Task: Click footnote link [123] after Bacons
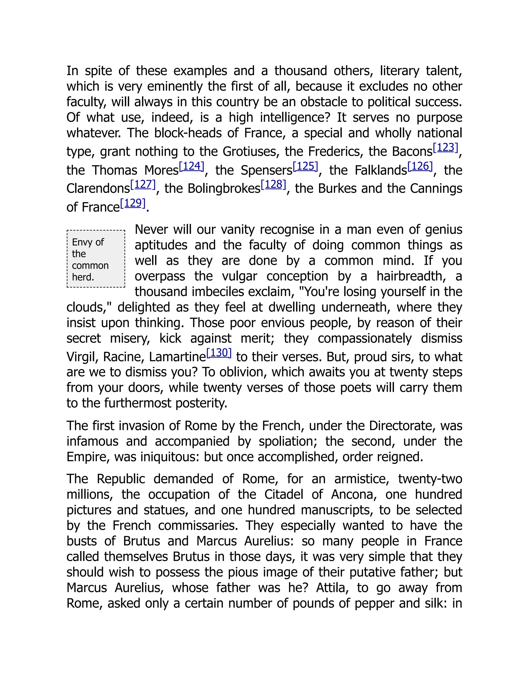pyautogui.click(x=445, y=147)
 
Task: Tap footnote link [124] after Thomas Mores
pyautogui.click(x=191, y=166)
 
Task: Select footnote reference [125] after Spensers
pyautogui.click(x=305, y=166)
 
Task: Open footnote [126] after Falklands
pyautogui.click(x=420, y=166)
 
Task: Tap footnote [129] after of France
pyautogui.click(x=133, y=203)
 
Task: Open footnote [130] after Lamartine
pyautogui.click(x=219, y=353)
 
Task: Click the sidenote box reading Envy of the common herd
pyautogui.click(x=96, y=259)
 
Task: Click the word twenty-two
pyautogui.click(x=430, y=479)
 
